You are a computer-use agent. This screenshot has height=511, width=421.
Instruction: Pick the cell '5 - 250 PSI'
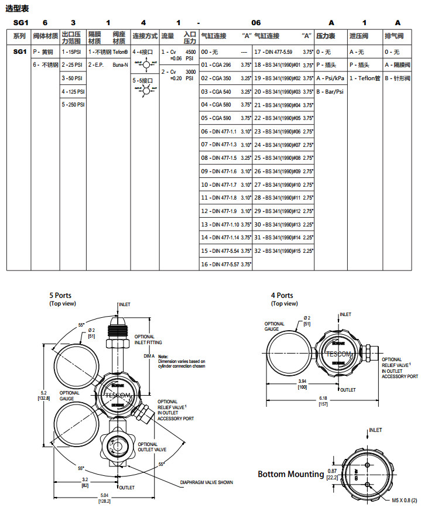[x=74, y=105]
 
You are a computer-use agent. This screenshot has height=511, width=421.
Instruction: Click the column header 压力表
[x=326, y=36]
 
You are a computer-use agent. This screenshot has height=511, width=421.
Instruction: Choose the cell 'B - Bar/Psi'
[x=330, y=91]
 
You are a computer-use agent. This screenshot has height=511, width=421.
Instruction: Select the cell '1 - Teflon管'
[x=365, y=78]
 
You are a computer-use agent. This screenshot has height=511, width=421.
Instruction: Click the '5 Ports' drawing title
[x=60, y=296]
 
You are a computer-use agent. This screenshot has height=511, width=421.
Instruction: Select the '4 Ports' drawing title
[x=282, y=296]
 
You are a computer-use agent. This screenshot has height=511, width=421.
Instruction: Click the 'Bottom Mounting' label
[x=291, y=474]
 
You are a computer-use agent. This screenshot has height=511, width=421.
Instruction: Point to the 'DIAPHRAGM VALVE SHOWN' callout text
[x=206, y=482]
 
